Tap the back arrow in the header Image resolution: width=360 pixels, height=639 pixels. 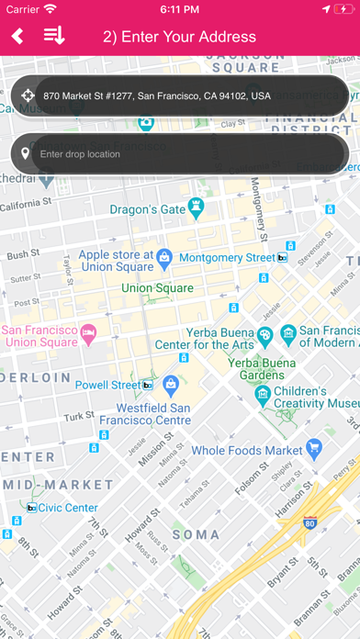click(17, 37)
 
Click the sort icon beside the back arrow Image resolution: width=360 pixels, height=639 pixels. click(54, 37)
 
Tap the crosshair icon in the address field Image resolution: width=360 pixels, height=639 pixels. click(27, 95)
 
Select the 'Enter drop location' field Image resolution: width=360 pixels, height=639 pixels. click(184, 153)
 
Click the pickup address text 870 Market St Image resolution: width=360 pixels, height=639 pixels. click(157, 95)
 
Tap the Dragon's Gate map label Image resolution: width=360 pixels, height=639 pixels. click(147, 184)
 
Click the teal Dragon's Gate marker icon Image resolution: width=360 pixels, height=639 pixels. click(195, 181)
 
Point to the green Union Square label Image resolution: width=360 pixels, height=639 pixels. click(157, 288)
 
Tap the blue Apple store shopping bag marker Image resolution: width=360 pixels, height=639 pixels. click(164, 231)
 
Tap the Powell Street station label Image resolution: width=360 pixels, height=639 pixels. click(107, 386)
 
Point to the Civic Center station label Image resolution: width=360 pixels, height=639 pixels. click(68, 508)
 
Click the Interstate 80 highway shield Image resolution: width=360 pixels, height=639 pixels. click(309, 524)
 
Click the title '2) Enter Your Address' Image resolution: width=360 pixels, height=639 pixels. click(179, 37)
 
